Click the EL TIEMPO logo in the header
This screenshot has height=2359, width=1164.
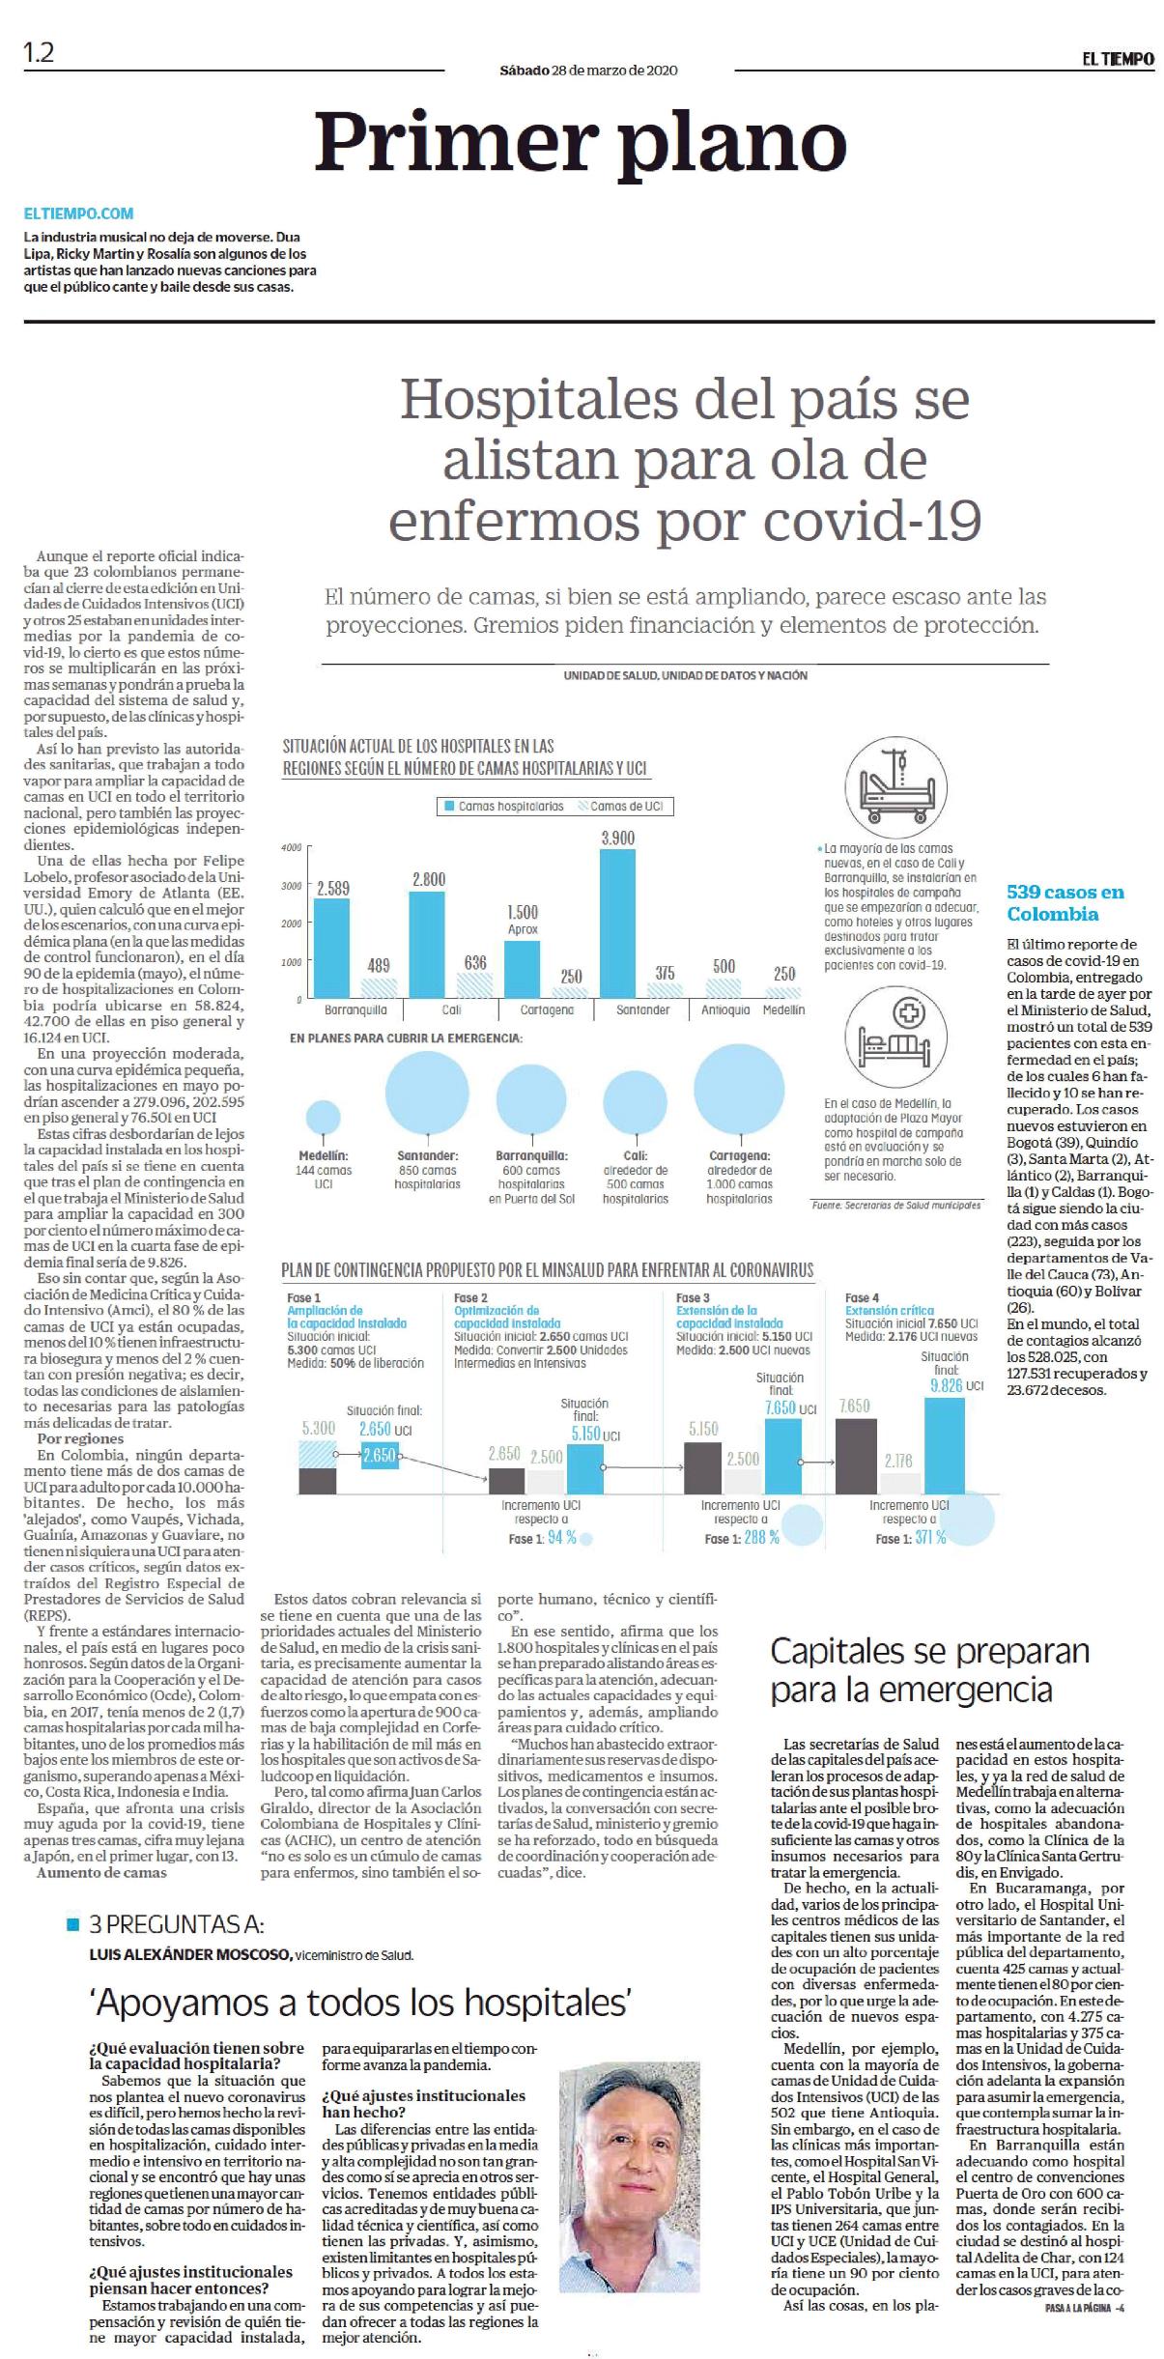[1118, 58]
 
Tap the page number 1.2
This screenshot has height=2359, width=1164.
[39, 53]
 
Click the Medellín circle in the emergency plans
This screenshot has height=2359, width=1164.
[323, 1117]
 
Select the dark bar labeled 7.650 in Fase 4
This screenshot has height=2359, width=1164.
[857, 1456]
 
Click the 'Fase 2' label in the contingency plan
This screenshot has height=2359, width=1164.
[470, 1297]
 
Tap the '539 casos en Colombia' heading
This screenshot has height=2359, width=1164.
[1065, 902]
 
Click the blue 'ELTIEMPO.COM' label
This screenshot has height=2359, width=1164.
[78, 213]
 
